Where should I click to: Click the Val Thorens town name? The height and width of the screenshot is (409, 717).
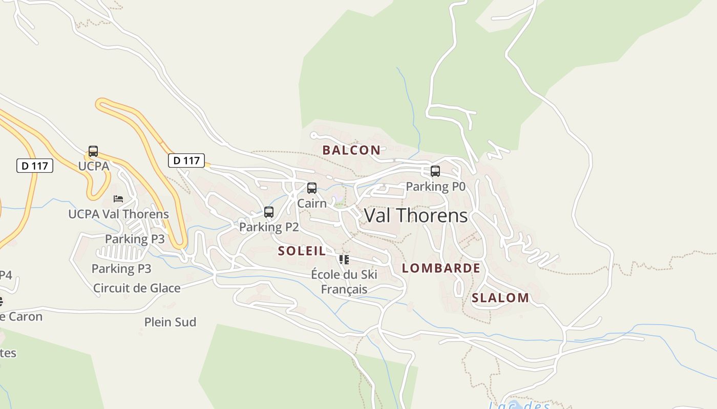click(415, 216)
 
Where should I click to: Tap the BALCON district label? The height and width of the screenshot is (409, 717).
click(351, 150)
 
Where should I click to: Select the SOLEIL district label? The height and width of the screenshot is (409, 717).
click(302, 251)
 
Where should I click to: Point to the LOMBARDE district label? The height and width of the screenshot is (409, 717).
click(441, 268)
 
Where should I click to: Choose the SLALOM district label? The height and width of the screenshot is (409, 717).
click(500, 298)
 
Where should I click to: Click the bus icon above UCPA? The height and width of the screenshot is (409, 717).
click(93, 151)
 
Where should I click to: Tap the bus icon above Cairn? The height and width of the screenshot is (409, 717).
click(312, 188)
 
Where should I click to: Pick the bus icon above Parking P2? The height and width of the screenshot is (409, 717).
click(269, 212)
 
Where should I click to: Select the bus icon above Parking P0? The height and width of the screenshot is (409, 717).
click(435, 171)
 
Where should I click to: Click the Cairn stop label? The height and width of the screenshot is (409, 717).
click(312, 203)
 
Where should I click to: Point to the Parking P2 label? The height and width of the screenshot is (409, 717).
click(269, 227)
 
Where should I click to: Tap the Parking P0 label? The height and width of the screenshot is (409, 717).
click(435, 187)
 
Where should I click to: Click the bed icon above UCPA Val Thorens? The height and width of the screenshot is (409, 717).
click(118, 198)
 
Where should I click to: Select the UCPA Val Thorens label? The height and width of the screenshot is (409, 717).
click(118, 214)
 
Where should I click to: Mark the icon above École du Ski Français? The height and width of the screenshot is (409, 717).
click(344, 260)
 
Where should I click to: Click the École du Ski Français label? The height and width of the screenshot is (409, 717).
click(344, 282)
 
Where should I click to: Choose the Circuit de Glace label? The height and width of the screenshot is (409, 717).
click(137, 288)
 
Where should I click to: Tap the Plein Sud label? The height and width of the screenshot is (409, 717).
click(170, 322)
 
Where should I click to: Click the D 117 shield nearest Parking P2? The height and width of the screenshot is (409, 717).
click(186, 161)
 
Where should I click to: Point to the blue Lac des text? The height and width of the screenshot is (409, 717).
click(519, 405)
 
